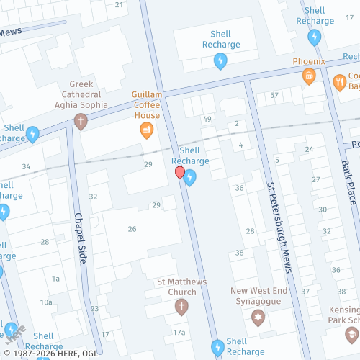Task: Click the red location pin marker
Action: pyautogui.click(x=180, y=174)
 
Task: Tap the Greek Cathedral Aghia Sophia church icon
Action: pyautogui.click(x=80, y=122)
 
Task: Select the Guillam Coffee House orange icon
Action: pyautogui.click(x=145, y=130)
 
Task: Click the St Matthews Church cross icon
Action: pyautogui.click(x=180, y=307)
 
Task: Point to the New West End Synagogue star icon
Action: pyautogui.click(x=258, y=317)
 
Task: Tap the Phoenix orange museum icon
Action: pyautogui.click(x=309, y=76)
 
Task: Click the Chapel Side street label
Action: pyautogui.click(x=80, y=238)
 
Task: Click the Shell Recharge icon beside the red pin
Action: pyautogui.click(x=189, y=179)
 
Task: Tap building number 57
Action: pyautogui.click(x=274, y=96)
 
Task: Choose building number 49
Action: pyautogui.click(x=207, y=119)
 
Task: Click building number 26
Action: pyautogui.click(x=132, y=229)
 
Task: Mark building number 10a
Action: pyautogui.click(x=46, y=302)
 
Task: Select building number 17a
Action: pyautogui.click(x=179, y=332)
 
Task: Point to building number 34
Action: pyautogui.click(x=26, y=167)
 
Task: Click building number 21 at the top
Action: pyautogui.click(x=120, y=4)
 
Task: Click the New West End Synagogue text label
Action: pyautogui.click(x=258, y=296)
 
